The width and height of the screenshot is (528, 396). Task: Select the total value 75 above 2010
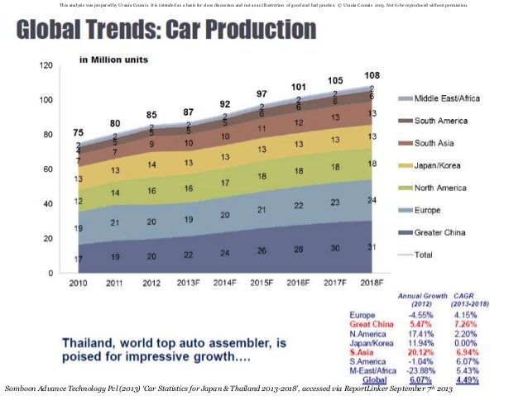[x=77, y=131]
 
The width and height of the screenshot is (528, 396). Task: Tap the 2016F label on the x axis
[x=299, y=284]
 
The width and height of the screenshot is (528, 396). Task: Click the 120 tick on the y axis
[x=46, y=64]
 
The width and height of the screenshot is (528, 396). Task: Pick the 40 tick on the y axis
[x=49, y=203]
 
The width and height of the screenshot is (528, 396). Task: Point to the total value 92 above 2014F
[x=225, y=104]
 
